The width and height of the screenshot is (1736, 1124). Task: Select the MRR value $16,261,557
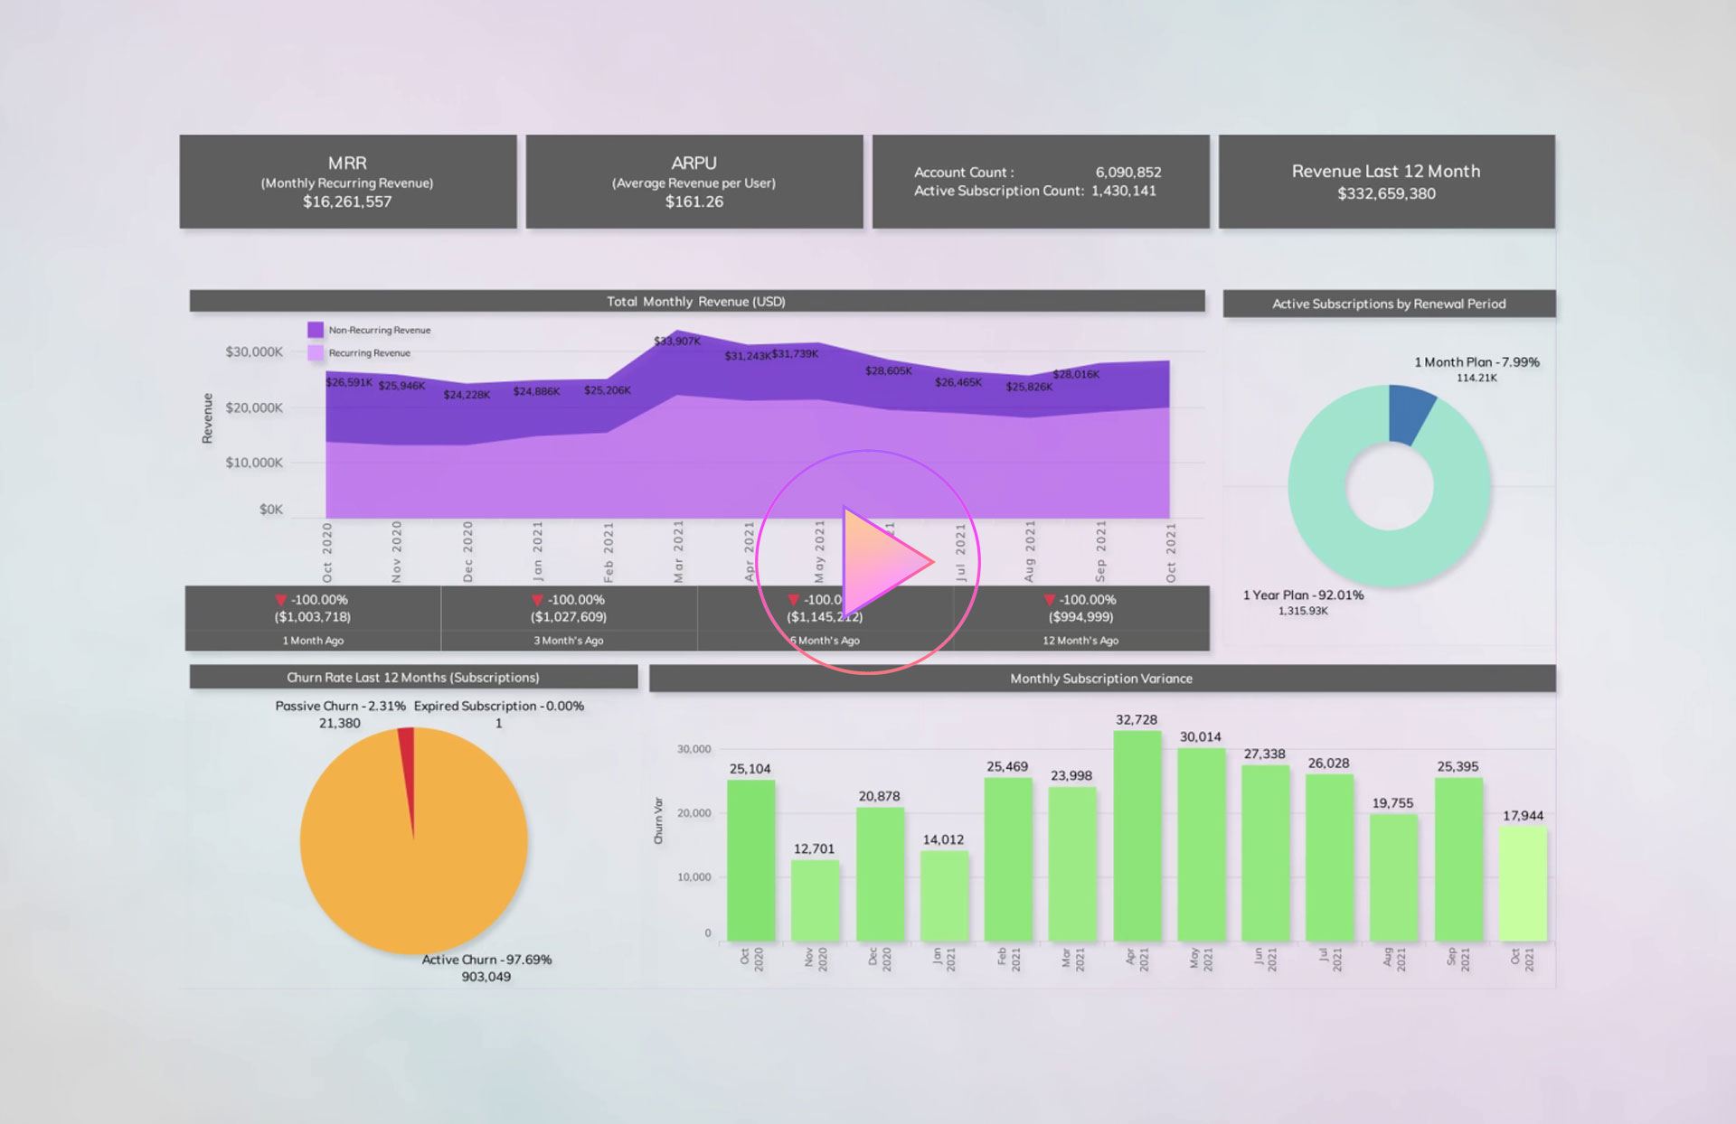pyautogui.click(x=347, y=201)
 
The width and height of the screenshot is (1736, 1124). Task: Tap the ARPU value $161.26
pyautogui.click(x=694, y=201)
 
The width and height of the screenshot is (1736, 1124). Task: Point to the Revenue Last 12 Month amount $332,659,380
pyautogui.click(x=1386, y=193)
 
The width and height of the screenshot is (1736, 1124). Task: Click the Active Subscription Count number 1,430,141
pyautogui.click(x=1123, y=191)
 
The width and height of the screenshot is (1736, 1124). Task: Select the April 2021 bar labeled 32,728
pyautogui.click(x=1137, y=836)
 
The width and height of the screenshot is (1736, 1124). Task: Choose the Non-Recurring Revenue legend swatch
pyautogui.click(x=316, y=330)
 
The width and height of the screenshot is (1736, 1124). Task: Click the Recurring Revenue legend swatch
pyautogui.click(x=316, y=353)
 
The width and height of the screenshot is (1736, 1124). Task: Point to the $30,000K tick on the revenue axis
pyautogui.click(x=254, y=351)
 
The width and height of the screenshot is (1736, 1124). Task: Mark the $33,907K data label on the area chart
pyautogui.click(x=676, y=341)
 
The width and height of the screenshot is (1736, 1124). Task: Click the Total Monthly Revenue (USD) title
pyautogui.click(x=695, y=302)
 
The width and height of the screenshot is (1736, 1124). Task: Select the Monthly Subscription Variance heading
pyautogui.click(x=1100, y=679)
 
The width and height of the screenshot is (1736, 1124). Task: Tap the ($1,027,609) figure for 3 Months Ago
pyautogui.click(x=569, y=617)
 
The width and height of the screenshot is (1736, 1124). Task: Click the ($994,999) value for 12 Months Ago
pyautogui.click(x=1080, y=617)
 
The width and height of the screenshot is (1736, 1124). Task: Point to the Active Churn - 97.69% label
pyautogui.click(x=486, y=960)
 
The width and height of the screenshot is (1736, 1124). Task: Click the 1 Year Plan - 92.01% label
pyautogui.click(x=1303, y=595)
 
